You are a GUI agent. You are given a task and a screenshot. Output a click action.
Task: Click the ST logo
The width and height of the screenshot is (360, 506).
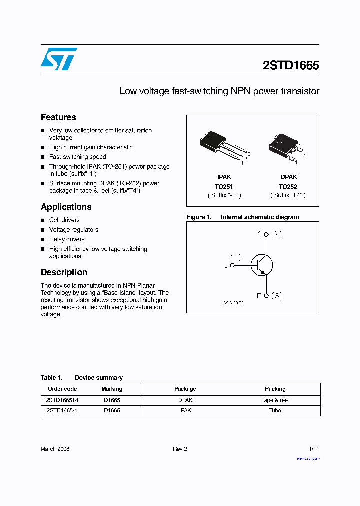click(x=59, y=59)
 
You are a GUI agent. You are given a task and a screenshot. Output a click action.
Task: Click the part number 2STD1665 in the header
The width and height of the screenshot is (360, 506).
click(x=291, y=65)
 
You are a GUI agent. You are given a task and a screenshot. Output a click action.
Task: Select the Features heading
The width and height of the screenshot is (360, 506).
click(x=58, y=117)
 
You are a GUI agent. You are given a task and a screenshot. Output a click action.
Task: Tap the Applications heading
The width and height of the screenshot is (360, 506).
click(x=66, y=207)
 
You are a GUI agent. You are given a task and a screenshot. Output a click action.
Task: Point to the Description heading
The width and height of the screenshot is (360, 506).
click(x=64, y=272)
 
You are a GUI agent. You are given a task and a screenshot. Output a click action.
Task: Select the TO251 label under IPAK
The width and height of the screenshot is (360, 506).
click(x=224, y=186)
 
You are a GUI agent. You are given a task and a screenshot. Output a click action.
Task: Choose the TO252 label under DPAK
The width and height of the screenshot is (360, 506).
click(x=288, y=186)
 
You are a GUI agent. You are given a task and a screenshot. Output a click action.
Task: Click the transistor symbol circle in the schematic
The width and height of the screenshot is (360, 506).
click(x=261, y=265)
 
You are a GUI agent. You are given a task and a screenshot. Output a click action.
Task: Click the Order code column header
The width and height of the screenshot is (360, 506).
click(x=62, y=389)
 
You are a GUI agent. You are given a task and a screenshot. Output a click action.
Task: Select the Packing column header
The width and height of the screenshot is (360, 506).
click(x=275, y=389)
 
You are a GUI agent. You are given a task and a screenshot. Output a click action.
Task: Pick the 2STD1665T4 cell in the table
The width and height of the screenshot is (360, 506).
click(x=62, y=400)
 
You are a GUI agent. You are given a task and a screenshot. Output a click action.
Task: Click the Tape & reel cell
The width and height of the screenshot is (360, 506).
click(x=275, y=400)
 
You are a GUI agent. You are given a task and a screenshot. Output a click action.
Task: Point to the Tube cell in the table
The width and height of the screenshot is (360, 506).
click(x=275, y=410)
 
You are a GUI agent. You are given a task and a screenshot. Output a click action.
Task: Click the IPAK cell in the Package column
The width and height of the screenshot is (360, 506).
click(x=185, y=410)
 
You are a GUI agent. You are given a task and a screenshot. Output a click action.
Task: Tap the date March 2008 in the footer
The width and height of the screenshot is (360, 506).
click(x=55, y=449)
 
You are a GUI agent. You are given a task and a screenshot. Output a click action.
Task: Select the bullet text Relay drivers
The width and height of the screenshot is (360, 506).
click(x=67, y=239)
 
